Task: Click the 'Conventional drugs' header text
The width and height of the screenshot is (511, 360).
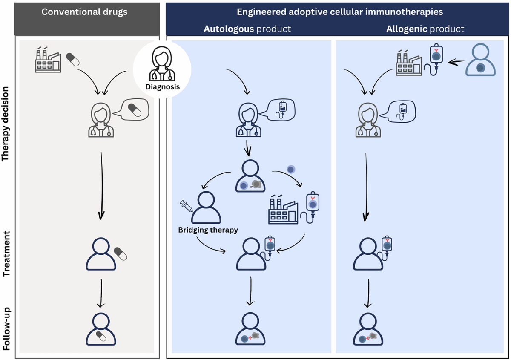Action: tap(84, 12)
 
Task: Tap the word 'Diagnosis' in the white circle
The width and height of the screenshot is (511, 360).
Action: tap(162, 87)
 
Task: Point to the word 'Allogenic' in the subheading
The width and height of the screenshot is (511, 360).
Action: tap(407, 29)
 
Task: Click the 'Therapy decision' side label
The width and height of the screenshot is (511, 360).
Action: tap(6, 124)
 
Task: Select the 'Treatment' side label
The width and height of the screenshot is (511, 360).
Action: tap(6, 254)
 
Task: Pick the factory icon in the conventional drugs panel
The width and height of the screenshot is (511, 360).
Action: tap(48, 60)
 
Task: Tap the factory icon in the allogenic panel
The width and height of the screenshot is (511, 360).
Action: tap(409, 63)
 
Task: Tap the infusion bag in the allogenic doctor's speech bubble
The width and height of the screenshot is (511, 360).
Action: tap(402, 110)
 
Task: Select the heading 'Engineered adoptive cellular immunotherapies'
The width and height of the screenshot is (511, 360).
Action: tap(339, 12)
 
